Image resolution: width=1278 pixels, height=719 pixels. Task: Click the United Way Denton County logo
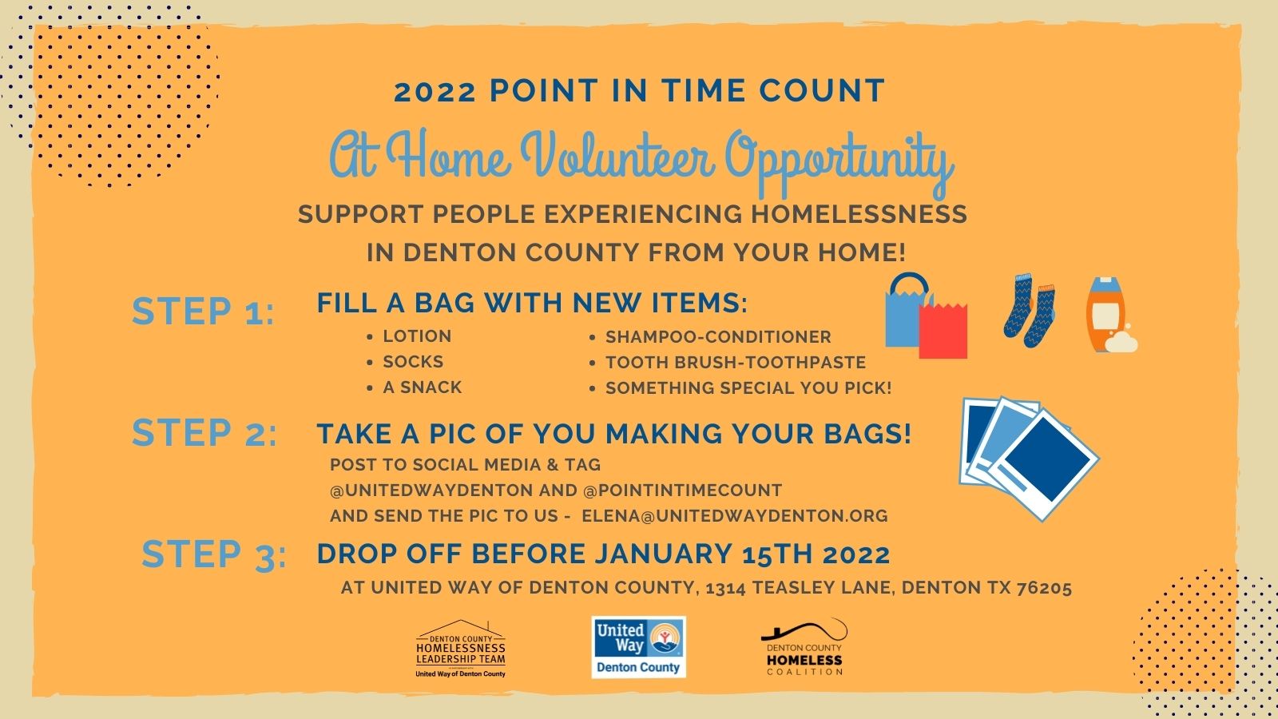tap(638, 647)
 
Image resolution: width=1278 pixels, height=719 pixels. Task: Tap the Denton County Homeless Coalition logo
tap(804, 647)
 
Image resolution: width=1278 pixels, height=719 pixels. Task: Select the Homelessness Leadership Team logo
tap(460, 649)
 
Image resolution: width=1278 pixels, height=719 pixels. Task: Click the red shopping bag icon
tap(943, 331)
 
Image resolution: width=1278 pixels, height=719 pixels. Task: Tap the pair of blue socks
tap(1030, 310)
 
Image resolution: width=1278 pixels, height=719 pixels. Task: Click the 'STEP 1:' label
tap(203, 312)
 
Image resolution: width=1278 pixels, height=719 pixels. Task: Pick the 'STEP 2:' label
tap(204, 432)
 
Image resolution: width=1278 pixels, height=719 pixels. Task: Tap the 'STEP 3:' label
tap(214, 554)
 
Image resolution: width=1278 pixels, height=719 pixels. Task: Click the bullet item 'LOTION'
tap(417, 336)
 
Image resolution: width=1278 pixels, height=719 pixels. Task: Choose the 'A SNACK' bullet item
tap(423, 387)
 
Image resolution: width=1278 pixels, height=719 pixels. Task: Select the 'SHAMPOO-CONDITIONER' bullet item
tap(718, 336)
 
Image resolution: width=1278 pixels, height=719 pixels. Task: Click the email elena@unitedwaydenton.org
tap(735, 516)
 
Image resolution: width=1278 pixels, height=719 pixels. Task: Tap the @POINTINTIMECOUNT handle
tap(682, 491)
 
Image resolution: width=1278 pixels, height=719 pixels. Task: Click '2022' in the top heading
tap(435, 92)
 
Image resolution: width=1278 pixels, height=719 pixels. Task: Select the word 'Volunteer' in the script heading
tap(617, 155)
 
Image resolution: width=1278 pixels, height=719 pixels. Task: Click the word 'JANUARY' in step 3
tap(664, 554)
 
